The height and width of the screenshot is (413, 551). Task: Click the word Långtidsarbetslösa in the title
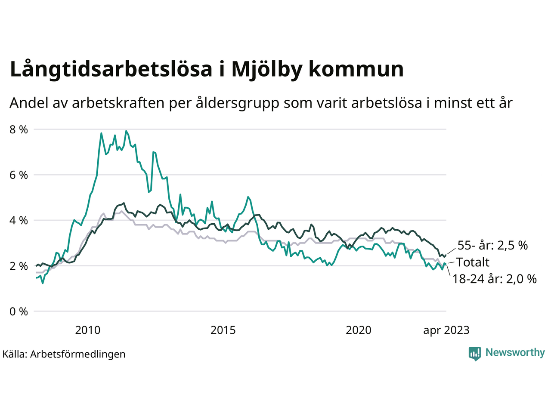click(111, 69)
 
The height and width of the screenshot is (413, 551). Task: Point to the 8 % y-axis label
click(19, 129)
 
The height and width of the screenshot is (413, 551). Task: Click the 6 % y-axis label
click(19, 175)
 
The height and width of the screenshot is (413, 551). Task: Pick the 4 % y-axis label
click(19, 221)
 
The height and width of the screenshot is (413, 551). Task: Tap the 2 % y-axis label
click(19, 266)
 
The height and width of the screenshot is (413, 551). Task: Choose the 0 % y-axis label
click(19, 311)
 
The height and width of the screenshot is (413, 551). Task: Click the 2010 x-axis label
click(87, 330)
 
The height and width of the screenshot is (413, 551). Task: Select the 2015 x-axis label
click(223, 330)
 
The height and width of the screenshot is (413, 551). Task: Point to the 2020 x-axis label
click(359, 330)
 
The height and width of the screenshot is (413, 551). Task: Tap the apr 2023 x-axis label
click(446, 330)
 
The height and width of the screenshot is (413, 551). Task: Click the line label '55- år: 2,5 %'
click(492, 246)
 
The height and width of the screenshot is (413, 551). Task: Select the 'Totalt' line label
click(473, 262)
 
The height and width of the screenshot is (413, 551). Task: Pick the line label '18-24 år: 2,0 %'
click(494, 279)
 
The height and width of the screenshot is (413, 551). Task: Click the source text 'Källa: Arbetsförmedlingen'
click(64, 354)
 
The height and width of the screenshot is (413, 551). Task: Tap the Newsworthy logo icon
click(475, 353)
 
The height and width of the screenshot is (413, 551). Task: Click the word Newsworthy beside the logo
click(515, 353)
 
